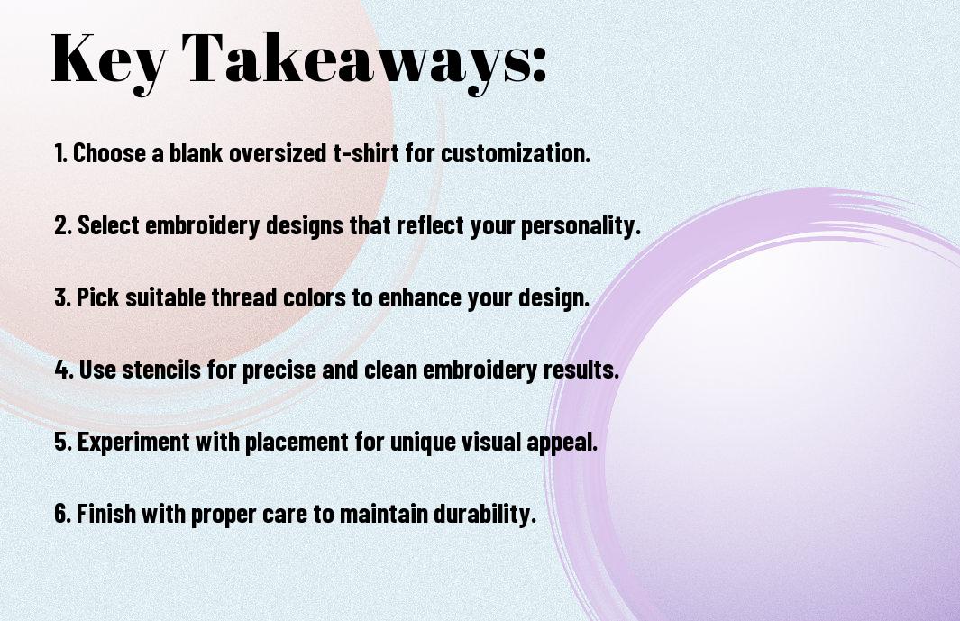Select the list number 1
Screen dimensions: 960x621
60,153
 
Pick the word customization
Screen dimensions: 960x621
516,153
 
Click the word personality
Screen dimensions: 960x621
581,226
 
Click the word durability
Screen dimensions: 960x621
485,513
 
